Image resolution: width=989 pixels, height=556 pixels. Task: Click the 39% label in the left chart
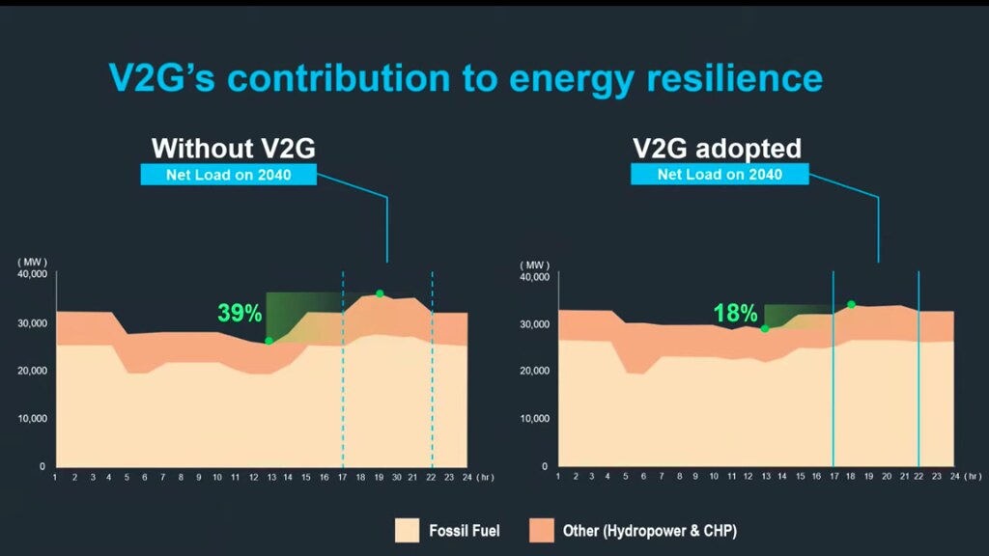click(x=240, y=313)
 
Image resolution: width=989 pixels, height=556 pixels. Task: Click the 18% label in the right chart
click(x=735, y=313)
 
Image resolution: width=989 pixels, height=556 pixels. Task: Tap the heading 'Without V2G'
click(x=234, y=149)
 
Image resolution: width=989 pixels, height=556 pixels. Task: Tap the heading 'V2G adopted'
click(x=718, y=149)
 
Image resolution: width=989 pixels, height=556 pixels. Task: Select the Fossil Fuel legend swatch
click(x=408, y=530)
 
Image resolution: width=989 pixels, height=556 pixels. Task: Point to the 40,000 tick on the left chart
click(x=32, y=274)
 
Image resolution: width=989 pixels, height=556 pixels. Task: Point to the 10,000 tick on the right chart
click(x=534, y=420)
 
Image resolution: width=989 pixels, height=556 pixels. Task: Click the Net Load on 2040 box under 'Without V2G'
click(x=230, y=175)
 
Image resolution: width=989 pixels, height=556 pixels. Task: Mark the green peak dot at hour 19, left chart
click(x=380, y=293)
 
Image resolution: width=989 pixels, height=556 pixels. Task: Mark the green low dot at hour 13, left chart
click(x=268, y=340)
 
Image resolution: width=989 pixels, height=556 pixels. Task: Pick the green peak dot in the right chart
click(x=851, y=305)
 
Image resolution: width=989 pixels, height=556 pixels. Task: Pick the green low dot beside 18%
click(x=765, y=329)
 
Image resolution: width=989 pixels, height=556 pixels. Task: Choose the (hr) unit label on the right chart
click(x=973, y=477)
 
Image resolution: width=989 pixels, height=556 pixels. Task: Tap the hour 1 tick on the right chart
click(x=558, y=477)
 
